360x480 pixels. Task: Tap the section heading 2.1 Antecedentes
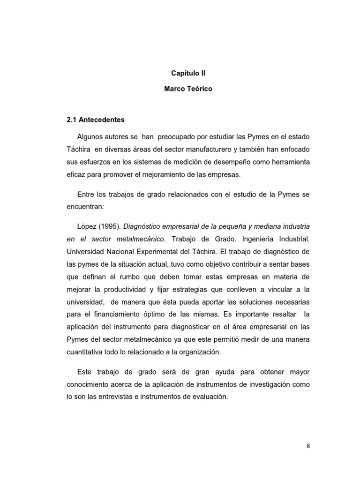click(x=96, y=120)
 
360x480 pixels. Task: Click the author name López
click(x=87, y=226)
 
